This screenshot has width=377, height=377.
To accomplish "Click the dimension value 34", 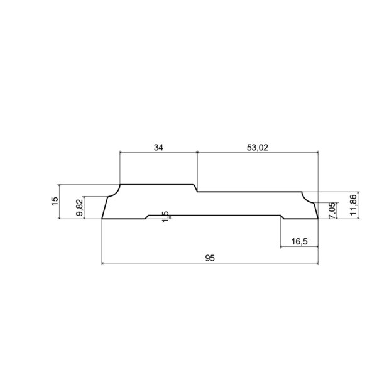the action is [158, 148].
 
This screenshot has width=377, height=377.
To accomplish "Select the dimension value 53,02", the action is [257, 148].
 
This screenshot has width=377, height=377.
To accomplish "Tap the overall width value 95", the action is [210, 258].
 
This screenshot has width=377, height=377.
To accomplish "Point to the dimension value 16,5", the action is [299, 241].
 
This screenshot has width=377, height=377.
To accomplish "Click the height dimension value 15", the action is [55, 201].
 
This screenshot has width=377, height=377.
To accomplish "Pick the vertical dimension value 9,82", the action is [80, 207].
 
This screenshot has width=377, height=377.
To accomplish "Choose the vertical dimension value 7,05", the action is [332, 210].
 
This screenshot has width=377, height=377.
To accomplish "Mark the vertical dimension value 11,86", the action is [353, 205].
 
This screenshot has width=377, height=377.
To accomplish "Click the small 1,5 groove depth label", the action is [166, 217].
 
